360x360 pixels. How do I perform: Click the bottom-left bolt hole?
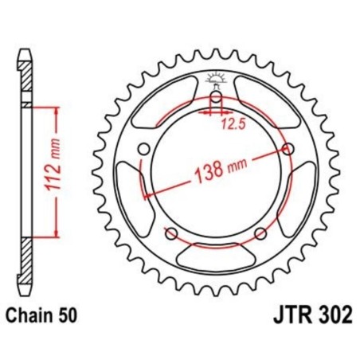(x=170, y=233)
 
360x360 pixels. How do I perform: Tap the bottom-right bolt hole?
(x=259, y=233)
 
